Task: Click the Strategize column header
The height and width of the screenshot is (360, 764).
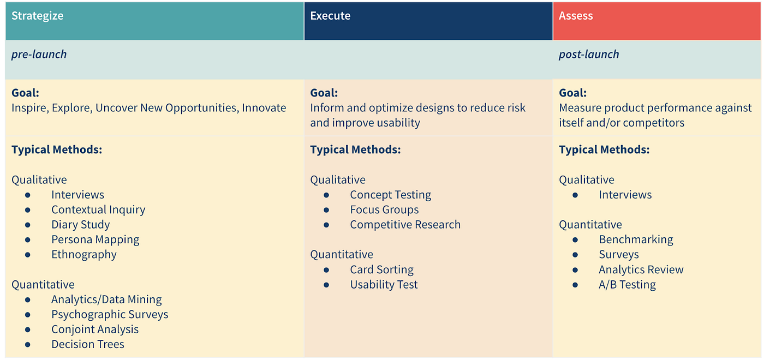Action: pyautogui.click(x=37, y=16)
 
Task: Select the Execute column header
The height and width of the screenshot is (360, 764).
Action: pyautogui.click(x=330, y=16)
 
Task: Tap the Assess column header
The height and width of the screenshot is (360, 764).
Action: pyautogui.click(x=576, y=16)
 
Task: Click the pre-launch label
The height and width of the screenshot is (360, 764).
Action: pyautogui.click(x=39, y=55)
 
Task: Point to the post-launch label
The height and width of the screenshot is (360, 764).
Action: pyautogui.click(x=589, y=55)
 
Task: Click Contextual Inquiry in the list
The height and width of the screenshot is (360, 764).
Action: pyautogui.click(x=98, y=209)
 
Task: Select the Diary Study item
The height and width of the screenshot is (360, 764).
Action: pyautogui.click(x=81, y=225)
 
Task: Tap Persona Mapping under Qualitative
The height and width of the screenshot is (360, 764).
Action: pyautogui.click(x=95, y=239)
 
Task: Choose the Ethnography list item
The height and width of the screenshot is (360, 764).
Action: pyautogui.click(x=84, y=254)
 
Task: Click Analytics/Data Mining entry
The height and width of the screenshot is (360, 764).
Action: pyautogui.click(x=106, y=299)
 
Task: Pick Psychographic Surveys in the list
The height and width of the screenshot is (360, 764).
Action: pyautogui.click(x=110, y=314)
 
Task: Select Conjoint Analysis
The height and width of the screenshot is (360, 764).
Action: pyautogui.click(x=95, y=329)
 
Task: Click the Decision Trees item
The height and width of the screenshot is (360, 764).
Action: pyautogui.click(x=88, y=344)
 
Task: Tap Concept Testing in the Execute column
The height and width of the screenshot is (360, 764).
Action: pyautogui.click(x=391, y=195)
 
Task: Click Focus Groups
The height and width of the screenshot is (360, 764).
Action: pyautogui.click(x=385, y=209)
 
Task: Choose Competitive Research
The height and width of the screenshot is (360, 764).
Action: pyautogui.click(x=405, y=225)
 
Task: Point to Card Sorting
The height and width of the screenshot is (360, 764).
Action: pyautogui.click(x=382, y=269)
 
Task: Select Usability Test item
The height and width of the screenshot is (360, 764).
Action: pyautogui.click(x=384, y=284)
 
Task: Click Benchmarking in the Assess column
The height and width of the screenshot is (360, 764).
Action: pyautogui.click(x=636, y=239)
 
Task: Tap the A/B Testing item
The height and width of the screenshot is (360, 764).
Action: pyautogui.click(x=627, y=284)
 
